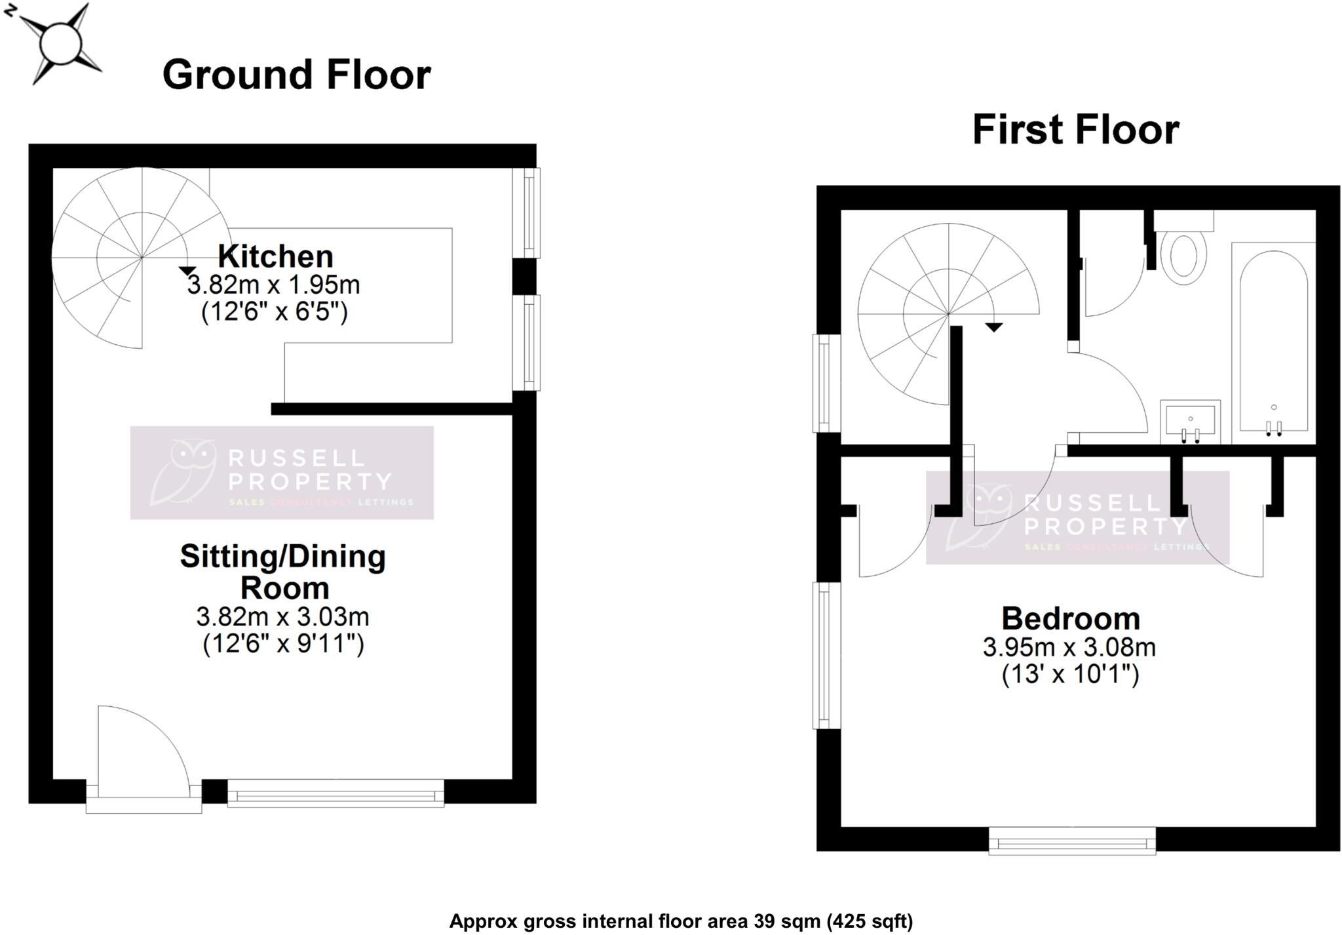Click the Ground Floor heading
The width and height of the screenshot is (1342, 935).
296,75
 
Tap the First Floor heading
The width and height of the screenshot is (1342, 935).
1075,130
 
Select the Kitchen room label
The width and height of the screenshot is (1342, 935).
275,256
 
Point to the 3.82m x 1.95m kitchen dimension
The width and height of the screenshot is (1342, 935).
274,285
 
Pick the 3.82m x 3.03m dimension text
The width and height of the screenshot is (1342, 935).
282,617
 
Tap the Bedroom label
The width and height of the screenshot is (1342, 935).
1071,618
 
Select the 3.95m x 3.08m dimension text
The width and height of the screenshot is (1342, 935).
1069,648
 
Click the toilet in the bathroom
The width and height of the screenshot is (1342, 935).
1183,256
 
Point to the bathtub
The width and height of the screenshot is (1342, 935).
1273,341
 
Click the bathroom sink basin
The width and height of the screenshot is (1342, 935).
1190,420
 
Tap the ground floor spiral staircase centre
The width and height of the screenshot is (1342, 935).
142,258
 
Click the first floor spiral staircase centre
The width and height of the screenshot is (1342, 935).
948,314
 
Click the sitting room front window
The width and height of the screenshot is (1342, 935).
335,793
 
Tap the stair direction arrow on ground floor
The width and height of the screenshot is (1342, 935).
187,270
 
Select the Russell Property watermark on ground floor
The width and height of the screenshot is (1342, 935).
282,473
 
